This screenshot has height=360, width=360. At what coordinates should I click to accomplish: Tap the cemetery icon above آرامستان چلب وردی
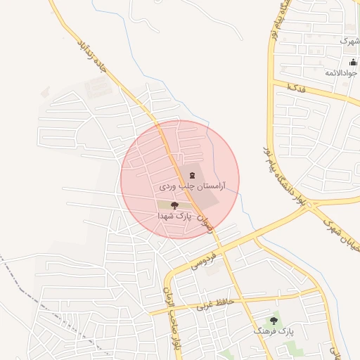tap(193, 174)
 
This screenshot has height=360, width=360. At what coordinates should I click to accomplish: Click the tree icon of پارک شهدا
tap(174, 205)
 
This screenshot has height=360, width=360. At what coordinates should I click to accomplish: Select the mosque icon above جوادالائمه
tap(353, 62)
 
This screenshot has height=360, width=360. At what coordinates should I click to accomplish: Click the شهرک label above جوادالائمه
tap(349, 41)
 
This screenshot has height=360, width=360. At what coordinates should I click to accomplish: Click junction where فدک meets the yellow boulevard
tap(273, 82)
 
